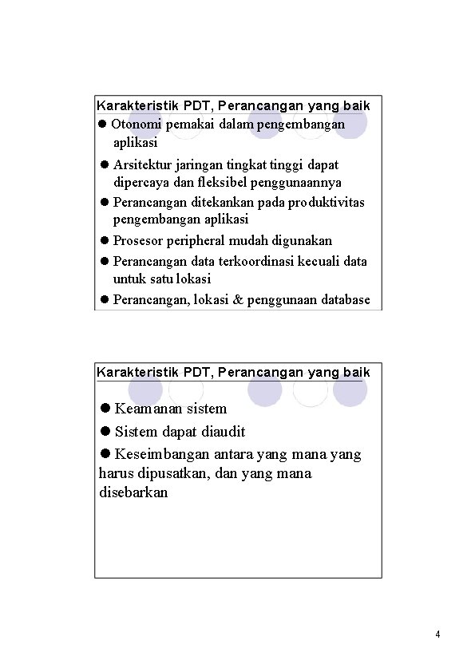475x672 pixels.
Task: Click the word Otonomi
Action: tap(133, 125)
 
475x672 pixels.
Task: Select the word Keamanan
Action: tap(149, 409)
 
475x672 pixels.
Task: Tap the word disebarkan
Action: tap(133, 492)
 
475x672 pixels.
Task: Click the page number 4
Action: tap(438, 635)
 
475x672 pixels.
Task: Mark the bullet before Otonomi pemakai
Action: tap(102, 125)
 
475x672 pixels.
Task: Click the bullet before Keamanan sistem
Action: tap(105, 409)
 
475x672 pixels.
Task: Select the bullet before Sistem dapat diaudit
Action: tap(105, 432)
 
